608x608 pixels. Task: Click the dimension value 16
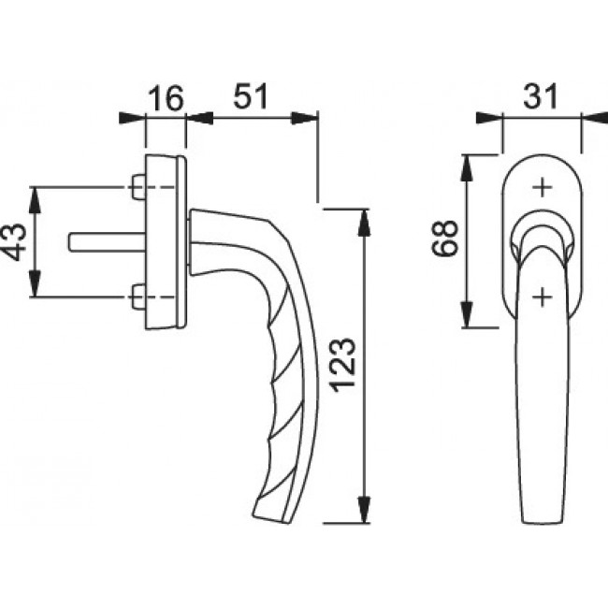point(166,98)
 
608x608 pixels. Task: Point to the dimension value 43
point(15,241)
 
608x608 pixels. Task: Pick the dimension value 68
point(444,238)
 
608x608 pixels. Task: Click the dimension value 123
point(342,365)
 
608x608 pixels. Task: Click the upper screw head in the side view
point(138,187)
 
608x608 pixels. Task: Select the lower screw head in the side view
point(138,297)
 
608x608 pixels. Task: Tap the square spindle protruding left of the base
point(108,242)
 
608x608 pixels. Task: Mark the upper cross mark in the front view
point(543,188)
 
